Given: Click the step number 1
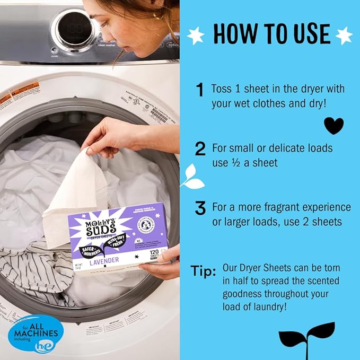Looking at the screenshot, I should (199, 90).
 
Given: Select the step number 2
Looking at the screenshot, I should (200, 150).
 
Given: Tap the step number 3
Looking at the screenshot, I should (200, 209).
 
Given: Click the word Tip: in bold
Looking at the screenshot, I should (203, 272).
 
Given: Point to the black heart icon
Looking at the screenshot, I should (333, 126).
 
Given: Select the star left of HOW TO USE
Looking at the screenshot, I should (196, 36).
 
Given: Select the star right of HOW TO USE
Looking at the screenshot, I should (344, 35).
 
